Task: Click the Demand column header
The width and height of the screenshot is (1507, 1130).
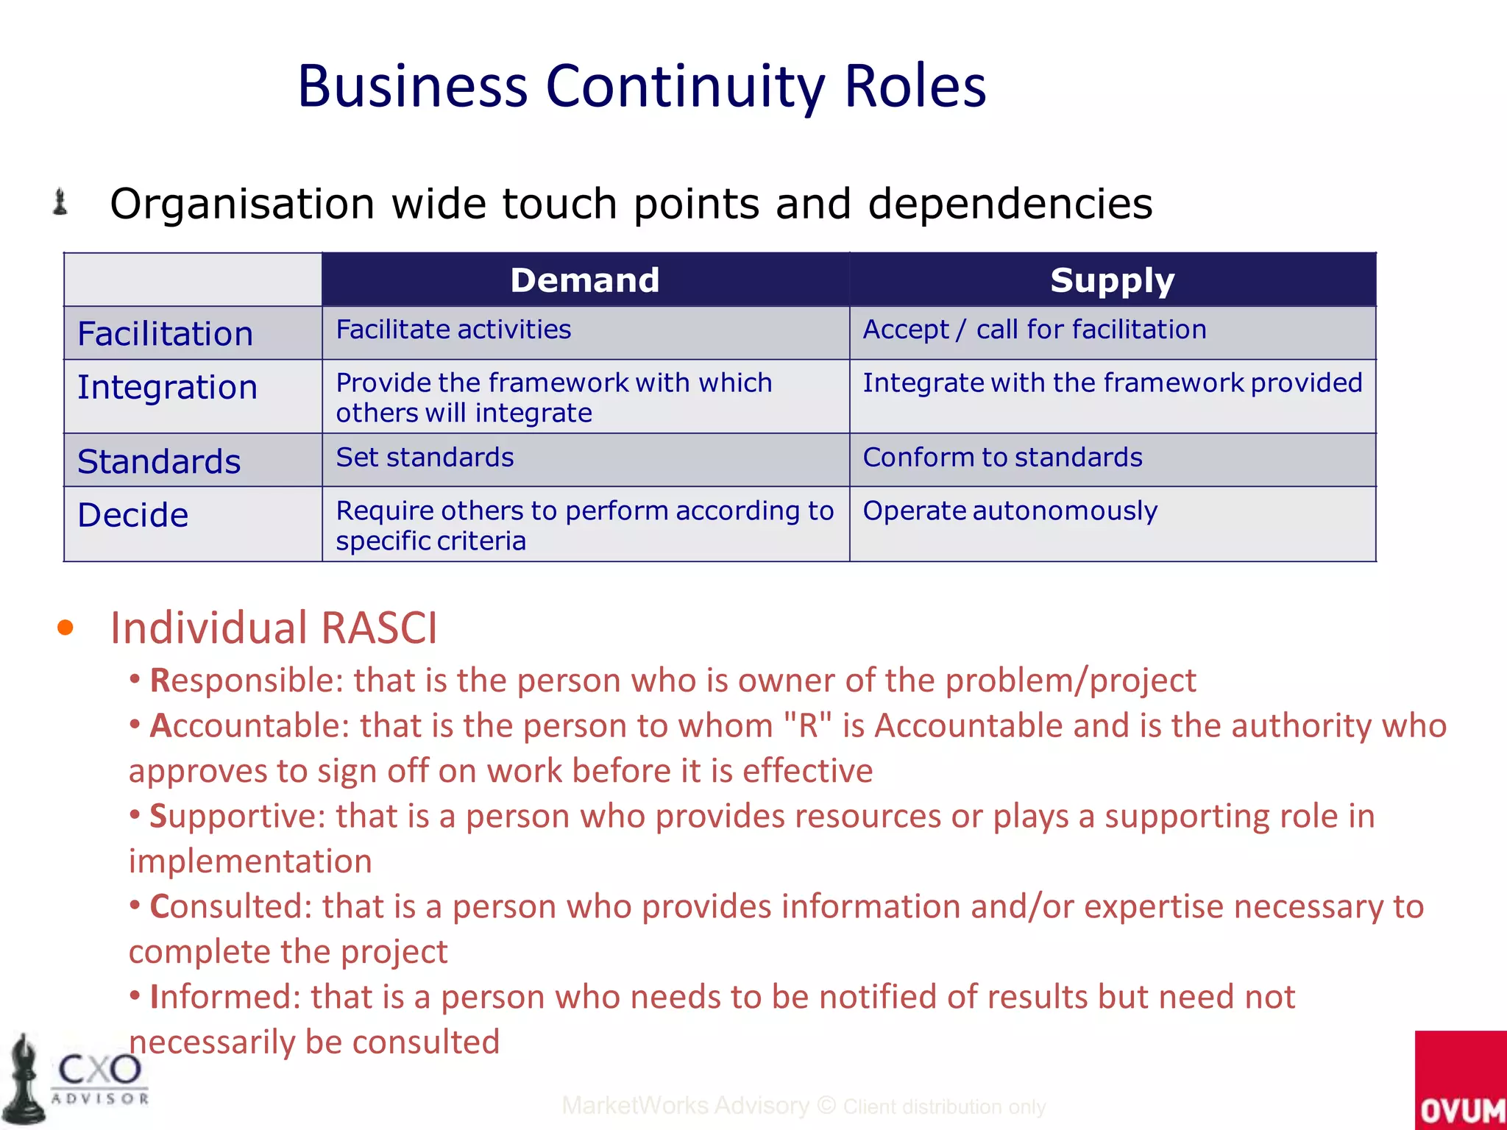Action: click(585, 280)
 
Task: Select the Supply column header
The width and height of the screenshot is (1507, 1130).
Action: click(1112, 280)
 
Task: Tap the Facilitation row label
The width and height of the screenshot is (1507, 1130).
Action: click(166, 334)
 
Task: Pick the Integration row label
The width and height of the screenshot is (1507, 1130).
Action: click(168, 388)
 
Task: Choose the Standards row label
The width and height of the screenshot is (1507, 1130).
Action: click(159, 462)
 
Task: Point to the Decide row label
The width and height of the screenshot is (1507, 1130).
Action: click(133, 515)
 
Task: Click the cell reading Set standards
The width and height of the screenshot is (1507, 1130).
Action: click(425, 458)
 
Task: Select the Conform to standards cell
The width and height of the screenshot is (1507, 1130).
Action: click(1002, 458)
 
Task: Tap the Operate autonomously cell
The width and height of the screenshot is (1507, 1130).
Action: click(1010, 511)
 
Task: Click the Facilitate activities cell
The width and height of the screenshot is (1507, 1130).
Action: click(453, 330)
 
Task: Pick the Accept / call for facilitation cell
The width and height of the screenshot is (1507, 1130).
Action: click(1034, 330)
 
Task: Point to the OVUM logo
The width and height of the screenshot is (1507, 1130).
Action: click(1461, 1081)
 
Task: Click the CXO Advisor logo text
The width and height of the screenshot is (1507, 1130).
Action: click(100, 1078)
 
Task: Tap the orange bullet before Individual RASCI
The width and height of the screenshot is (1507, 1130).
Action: click(65, 628)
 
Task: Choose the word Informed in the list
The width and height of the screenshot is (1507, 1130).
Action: click(225, 998)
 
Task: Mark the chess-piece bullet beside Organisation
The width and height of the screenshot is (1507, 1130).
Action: click(60, 202)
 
